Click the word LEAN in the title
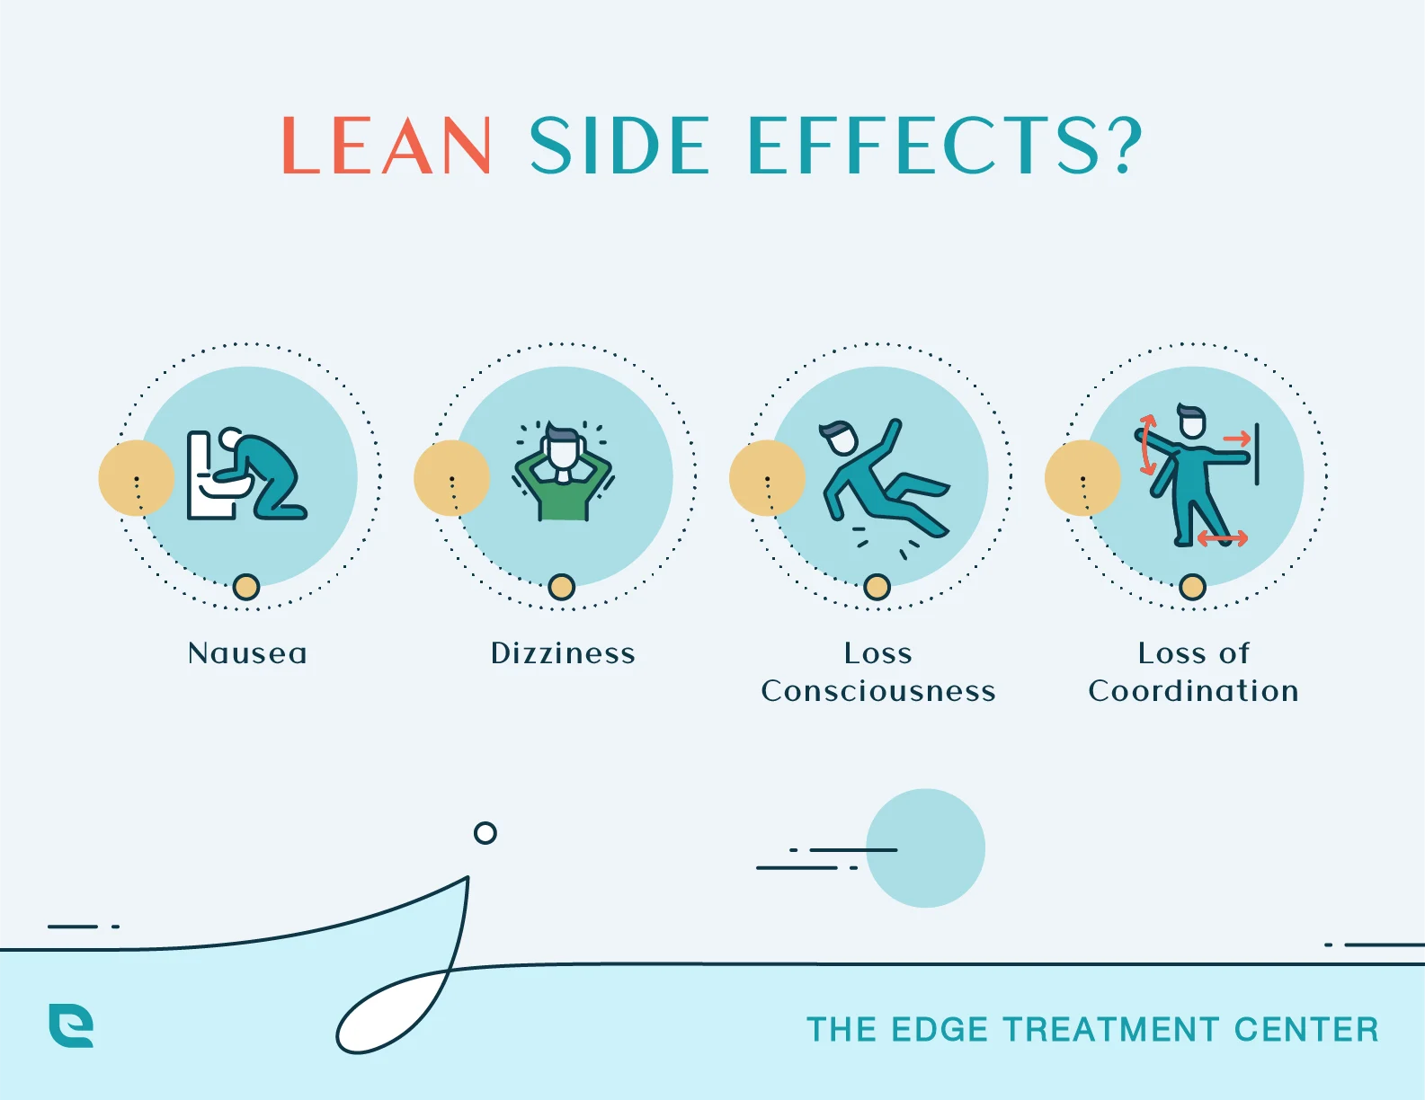tap(387, 146)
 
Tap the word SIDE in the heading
tap(620, 146)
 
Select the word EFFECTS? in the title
tap(945, 146)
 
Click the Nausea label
tap(247, 653)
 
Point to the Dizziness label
tap(563, 653)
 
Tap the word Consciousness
tap(878, 691)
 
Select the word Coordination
tap(1193, 691)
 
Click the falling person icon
tap(881, 481)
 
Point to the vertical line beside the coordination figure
tap(1256, 454)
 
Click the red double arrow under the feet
tap(1222, 538)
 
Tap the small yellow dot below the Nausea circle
tap(246, 587)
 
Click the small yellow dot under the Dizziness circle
tap(562, 587)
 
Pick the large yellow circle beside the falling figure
tap(766, 478)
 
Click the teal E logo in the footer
tap(71, 1025)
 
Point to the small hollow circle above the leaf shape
tap(485, 833)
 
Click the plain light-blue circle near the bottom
tap(925, 848)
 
